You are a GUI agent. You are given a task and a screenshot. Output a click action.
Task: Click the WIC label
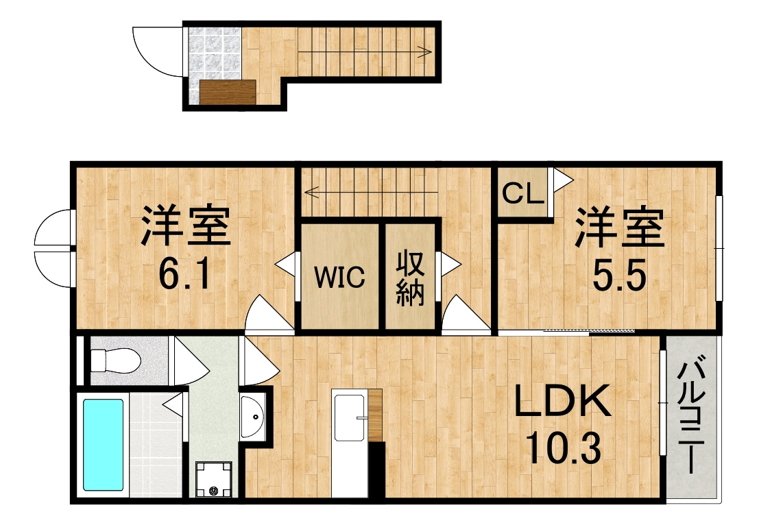(339, 278)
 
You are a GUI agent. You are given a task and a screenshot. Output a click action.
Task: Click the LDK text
(562, 401)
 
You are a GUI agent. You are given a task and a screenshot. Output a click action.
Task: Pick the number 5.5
(620, 276)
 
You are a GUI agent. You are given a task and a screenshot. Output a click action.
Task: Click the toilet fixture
(116, 361)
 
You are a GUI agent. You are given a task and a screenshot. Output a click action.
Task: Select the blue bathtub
(103, 445)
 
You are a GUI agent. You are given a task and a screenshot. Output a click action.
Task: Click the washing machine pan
(214, 479)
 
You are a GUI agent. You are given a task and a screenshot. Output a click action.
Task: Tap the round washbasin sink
(253, 417)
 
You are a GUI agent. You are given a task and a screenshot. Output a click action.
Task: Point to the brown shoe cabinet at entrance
(227, 93)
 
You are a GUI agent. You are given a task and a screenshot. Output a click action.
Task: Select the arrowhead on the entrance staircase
(428, 51)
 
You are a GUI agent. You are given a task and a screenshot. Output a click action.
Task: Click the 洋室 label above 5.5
(619, 228)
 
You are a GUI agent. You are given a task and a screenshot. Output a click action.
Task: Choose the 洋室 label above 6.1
(186, 225)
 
